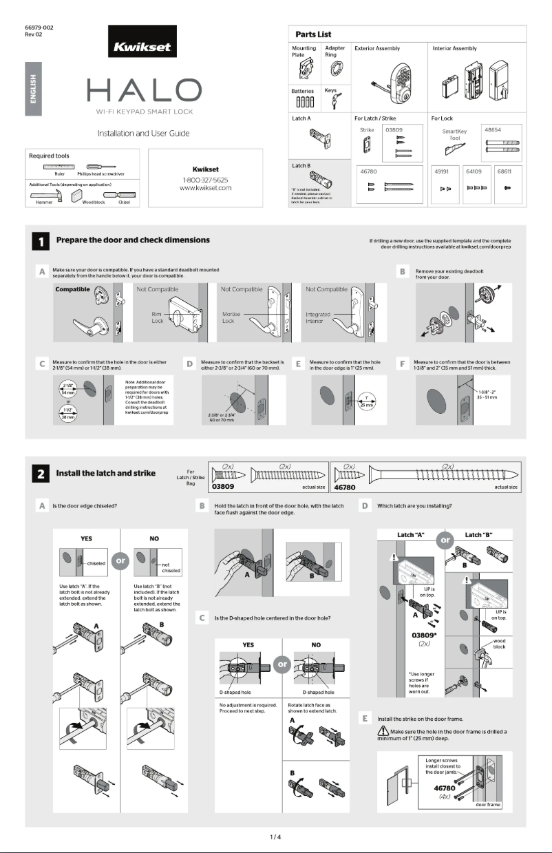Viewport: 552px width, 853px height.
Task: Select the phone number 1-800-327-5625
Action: point(204,179)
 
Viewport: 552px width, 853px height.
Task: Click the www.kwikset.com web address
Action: point(204,187)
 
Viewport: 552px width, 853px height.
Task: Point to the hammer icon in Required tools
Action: point(43,196)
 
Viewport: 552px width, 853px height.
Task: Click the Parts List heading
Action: point(313,34)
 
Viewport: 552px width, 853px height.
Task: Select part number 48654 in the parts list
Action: point(493,129)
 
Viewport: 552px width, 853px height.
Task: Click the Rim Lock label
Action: point(156,317)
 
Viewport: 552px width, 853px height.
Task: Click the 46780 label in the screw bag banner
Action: point(345,487)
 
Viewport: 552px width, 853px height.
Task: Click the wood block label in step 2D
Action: point(500,644)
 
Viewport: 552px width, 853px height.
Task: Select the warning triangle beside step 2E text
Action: point(383,730)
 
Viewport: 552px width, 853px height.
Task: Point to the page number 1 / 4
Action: point(275,837)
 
